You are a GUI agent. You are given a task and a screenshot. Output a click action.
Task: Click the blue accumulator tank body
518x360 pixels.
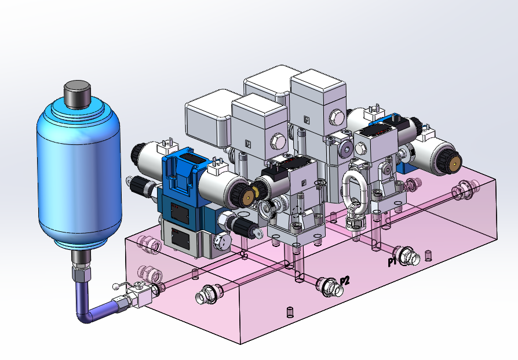pos(79,172)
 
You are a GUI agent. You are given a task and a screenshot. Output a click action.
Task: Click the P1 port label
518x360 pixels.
pos(392,262)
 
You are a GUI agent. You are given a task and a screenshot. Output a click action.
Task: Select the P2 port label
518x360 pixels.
pos(345,281)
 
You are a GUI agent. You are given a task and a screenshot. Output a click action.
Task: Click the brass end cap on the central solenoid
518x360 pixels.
pos(249,197)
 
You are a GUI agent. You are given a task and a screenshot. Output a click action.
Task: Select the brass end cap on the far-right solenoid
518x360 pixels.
pos(457,163)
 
